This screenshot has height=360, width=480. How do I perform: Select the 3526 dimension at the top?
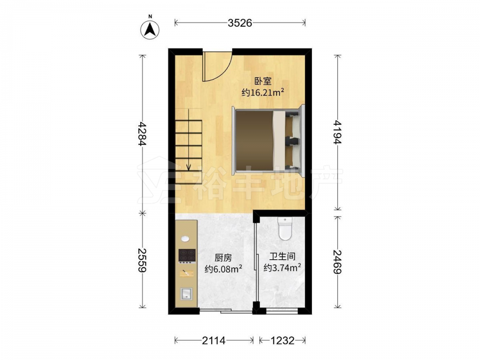(x=240, y=23)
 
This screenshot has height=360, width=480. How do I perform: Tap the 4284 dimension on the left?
(x=142, y=133)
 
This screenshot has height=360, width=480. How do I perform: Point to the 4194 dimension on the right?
(x=337, y=132)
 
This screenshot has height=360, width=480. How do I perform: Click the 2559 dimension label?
(x=142, y=260)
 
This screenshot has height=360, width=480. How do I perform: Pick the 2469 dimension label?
(x=337, y=262)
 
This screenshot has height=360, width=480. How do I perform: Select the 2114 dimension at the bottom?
(x=214, y=340)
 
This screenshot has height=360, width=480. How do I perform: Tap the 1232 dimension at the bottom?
(x=282, y=340)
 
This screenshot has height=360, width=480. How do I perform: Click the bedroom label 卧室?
(x=263, y=81)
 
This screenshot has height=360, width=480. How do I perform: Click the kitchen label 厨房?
(x=223, y=258)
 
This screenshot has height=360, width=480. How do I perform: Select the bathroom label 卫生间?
(x=282, y=256)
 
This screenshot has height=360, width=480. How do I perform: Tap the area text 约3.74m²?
(x=282, y=268)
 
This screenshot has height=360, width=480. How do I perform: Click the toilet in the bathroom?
(x=285, y=228)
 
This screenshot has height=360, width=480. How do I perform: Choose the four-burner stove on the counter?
(x=187, y=256)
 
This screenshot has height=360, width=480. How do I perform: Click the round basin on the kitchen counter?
(x=185, y=239)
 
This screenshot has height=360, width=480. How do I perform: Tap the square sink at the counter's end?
(x=186, y=293)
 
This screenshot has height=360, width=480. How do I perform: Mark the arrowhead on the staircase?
(x=189, y=167)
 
